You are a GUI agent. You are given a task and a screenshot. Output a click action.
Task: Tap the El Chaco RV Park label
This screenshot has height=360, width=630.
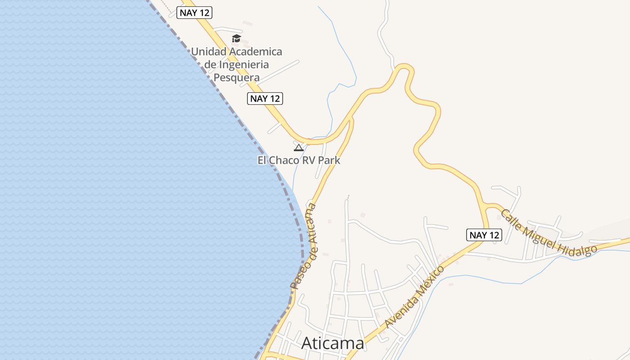point(299,160)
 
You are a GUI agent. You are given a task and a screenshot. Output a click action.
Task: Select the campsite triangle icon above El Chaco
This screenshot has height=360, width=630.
point(298,148)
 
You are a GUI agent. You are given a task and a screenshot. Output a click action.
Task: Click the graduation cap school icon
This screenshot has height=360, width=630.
point(237,38)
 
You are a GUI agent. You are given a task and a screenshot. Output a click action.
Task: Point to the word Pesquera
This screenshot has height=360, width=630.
point(236,77)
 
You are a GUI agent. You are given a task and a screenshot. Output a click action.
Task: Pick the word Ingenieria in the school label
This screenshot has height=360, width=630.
point(243,64)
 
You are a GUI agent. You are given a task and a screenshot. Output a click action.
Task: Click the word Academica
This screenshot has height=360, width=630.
point(256,52)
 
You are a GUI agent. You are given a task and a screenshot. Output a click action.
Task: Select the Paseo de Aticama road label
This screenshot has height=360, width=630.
point(304,246)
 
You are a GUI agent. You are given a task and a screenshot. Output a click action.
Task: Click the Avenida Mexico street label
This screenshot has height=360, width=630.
point(414,297)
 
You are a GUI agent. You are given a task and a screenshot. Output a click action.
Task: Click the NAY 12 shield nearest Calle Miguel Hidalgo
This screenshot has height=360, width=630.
point(484,235)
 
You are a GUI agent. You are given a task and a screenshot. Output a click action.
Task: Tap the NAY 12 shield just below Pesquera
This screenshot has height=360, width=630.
point(265,99)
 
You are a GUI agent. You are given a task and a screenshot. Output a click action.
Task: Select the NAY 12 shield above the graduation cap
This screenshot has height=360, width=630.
point(194,13)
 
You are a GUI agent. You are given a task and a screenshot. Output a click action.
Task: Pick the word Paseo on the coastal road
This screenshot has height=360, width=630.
point(296,277)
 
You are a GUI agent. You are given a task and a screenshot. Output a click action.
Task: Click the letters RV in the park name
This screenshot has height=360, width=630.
point(308,160)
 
